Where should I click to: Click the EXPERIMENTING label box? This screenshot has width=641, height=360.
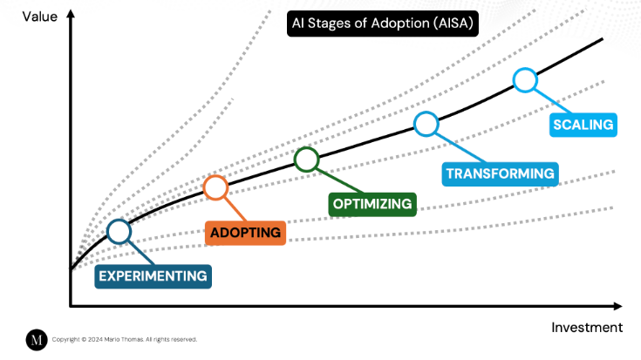(x=153, y=276)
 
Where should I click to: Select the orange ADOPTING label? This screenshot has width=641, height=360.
(x=245, y=233)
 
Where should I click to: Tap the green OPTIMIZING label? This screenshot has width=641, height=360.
(x=372, y=204)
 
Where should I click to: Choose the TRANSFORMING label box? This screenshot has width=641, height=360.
(x=500, y=173)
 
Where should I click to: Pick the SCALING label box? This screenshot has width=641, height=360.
(x=583, y=124)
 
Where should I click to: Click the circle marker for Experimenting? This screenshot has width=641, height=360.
(x=119, y=231)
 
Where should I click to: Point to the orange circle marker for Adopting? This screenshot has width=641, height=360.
(x=215, y=187)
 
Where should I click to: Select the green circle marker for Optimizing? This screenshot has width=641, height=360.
(x=306, y=160)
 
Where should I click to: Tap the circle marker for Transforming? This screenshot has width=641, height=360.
(x=426, y=124)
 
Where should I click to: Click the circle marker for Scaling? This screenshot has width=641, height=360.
(x=524, y=80)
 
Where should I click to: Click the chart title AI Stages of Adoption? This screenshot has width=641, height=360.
(x=383, y=24)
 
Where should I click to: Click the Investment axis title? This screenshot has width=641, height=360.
(x=586, y=328)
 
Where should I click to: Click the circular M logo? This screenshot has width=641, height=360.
(x=36, y=340)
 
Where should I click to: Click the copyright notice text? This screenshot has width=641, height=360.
(x=125, y=340)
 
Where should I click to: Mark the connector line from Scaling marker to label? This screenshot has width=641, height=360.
(x=544, y=100)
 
